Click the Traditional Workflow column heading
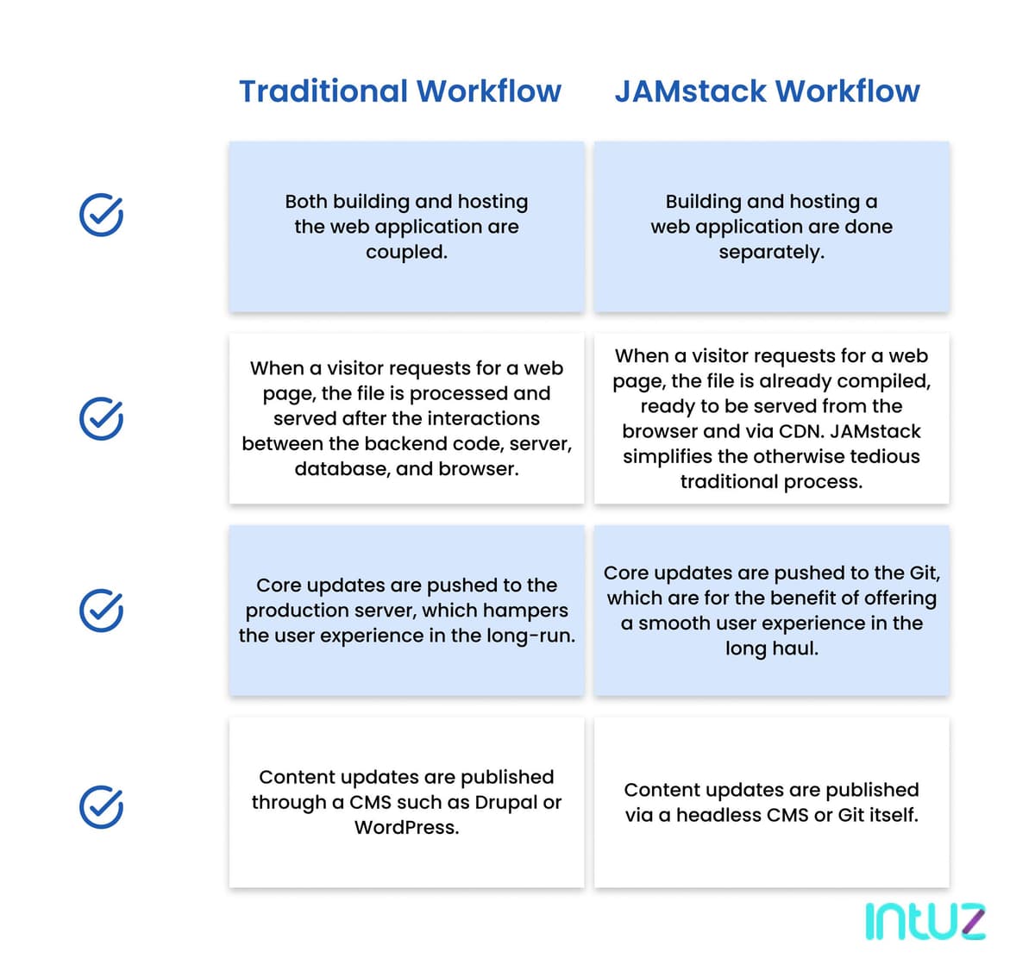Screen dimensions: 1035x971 tap(399, 91)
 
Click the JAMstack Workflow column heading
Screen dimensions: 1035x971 tap(767, 91)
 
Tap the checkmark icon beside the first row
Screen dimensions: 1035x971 tap(101, 215)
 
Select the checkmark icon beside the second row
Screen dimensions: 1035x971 tap(101, 418)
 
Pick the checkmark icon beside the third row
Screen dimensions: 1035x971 tap(101, 611)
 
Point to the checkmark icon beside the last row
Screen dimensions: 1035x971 tap(101, 807)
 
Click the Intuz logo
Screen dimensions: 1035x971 tap(925, 922)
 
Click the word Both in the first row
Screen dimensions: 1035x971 tap(306, 202)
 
